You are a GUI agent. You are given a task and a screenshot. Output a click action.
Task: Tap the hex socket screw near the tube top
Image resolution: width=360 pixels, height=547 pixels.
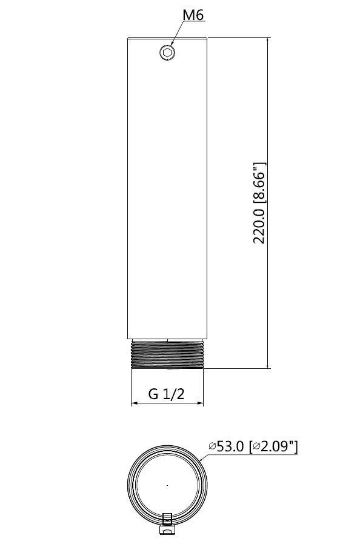click(167, 53)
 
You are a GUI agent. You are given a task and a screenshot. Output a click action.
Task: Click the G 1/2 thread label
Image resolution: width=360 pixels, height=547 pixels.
click(166, 394)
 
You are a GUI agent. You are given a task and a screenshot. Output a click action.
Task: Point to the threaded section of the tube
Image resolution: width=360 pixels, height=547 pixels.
click(167, 355)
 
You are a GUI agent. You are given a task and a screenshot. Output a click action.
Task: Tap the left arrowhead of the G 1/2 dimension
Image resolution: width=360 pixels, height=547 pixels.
click(134, 404)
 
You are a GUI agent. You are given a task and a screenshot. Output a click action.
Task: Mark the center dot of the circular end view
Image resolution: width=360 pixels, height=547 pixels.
click(167, 485)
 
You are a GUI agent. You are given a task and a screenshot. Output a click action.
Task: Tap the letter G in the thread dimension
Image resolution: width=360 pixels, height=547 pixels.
click(153, 394)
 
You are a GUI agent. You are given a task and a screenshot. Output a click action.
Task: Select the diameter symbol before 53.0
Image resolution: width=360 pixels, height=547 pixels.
click(212, 447)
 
